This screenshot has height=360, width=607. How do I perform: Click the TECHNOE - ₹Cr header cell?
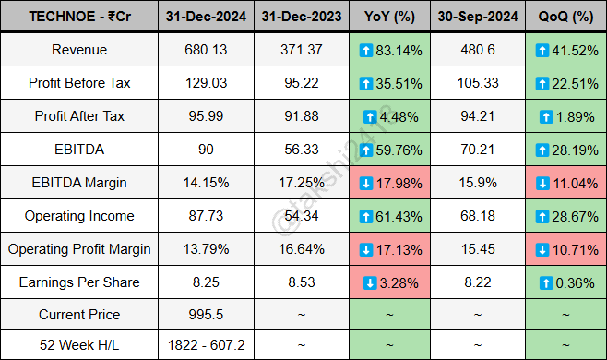pyautogui.click(x=78, y=17)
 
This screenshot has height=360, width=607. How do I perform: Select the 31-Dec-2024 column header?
pyautogui.click(x=199, y=17)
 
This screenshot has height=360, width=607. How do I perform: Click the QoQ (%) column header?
pyautogui.click(x=565, y=17)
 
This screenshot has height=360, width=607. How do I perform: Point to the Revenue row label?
pyautogui.click(x=78, y=50)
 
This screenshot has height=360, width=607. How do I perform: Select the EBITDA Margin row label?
pyautogui.click(x=78, y=183)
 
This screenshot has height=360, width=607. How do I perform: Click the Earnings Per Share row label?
pyautogui.click(x=78, y=282)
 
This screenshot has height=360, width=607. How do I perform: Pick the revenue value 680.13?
pyautogui.click(x=199, y=50)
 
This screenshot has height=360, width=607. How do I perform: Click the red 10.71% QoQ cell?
pyautogui.click(x=565, y=249)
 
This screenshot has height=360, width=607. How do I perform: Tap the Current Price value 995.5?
pyautogui.click(x=199, y=315)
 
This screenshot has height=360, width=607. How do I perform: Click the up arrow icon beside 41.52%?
pyautogui.click(x=543, y=50)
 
